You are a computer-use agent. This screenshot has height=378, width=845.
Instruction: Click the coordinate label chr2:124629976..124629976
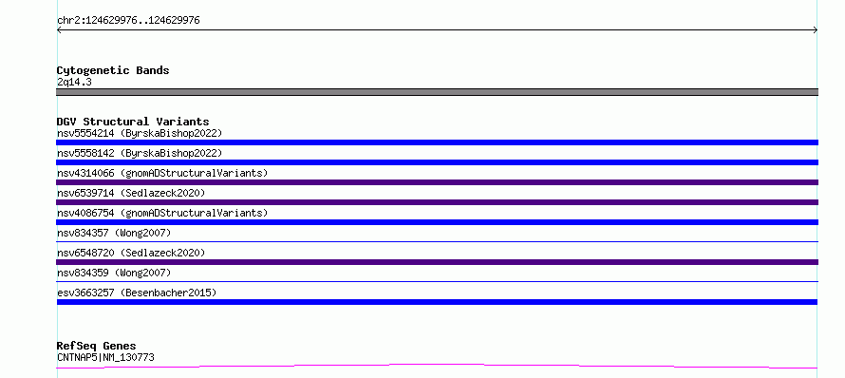point(128,21)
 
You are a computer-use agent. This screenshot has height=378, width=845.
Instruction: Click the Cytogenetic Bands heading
point(113,70)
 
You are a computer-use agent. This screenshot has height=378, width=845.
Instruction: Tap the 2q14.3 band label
point(74,83)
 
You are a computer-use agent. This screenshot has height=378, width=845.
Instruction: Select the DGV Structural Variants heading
point(133,122)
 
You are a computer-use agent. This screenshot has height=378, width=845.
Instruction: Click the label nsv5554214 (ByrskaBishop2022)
point(140,133)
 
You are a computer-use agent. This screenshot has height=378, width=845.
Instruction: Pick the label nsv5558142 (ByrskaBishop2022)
point(140,153)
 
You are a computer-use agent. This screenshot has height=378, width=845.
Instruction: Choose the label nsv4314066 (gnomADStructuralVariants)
point(162,173)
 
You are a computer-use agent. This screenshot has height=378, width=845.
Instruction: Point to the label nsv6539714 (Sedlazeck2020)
point(131,193)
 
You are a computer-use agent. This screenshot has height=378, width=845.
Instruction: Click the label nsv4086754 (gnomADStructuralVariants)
point(162,213)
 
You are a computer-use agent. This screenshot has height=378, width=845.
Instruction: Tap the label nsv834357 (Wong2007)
point(114,233)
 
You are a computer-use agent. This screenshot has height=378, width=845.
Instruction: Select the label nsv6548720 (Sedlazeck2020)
point(131,253)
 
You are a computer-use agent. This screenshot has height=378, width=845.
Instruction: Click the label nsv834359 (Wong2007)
point(114,273)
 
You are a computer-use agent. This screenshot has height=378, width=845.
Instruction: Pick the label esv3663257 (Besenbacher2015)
point(137,293)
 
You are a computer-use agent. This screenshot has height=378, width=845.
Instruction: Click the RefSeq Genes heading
point(97,346)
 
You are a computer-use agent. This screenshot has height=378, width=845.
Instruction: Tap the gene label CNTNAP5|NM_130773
point(105,357)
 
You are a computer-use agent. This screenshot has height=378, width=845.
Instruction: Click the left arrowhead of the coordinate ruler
point(58,30)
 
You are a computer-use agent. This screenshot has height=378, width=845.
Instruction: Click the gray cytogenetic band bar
point(437,92)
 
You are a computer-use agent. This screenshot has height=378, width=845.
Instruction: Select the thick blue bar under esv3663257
point(437,302)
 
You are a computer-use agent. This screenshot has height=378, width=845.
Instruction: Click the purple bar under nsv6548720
point(437,262)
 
